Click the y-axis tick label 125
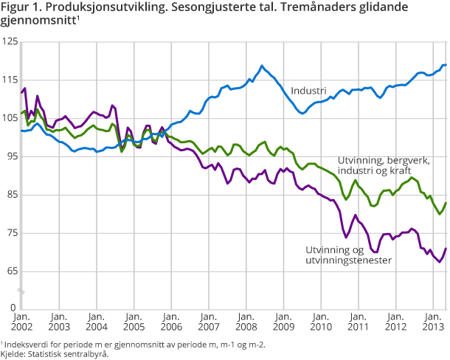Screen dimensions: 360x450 coord(9,43)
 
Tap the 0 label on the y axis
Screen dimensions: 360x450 coord(13,306)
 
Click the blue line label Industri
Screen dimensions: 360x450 coord(308,91)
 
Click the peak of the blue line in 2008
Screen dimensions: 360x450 coord(262,66)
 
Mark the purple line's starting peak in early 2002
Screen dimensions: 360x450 coord(25,89)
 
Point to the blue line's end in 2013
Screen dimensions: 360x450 coord(446,66)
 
